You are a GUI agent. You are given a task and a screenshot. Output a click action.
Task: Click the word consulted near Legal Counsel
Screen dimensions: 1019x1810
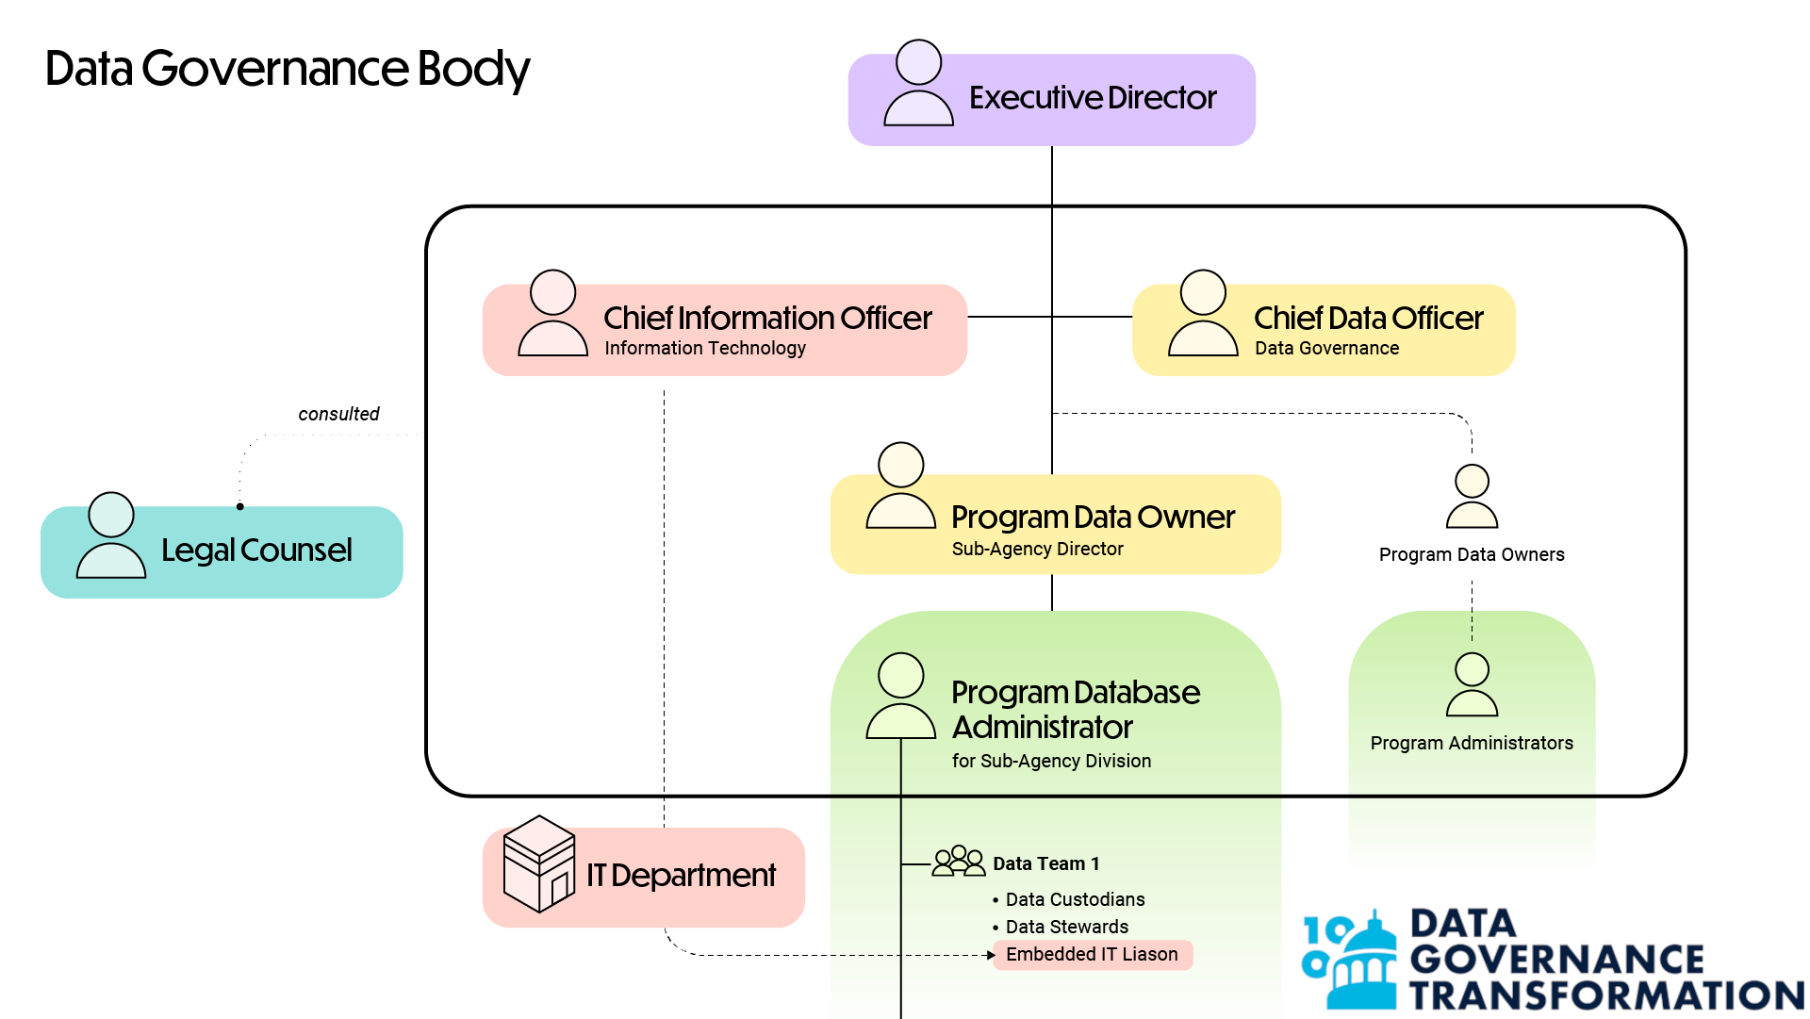[x=338, y=414]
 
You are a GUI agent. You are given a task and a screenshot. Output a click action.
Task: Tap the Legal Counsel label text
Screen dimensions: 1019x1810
[x=256, y=551]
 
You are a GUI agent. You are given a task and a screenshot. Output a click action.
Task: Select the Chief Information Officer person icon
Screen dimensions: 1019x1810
[x=552, y=314]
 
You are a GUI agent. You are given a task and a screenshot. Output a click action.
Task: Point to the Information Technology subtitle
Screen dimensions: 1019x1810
[x=705, y=349]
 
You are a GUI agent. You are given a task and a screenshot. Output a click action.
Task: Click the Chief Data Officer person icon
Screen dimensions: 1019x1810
[x=1202, y=314]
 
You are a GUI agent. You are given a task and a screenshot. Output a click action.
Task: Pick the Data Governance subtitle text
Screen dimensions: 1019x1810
[x=1326, y=349]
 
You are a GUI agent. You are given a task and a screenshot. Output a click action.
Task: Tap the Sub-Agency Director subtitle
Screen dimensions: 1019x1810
[x=1037, y=550]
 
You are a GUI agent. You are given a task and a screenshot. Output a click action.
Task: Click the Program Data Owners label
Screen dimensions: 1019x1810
[x=1471, y=555]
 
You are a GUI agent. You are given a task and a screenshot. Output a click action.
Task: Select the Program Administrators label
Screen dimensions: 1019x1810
[x=1471, y=744]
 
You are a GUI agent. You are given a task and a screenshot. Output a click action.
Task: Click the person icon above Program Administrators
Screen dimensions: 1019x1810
[x=1472, y=685]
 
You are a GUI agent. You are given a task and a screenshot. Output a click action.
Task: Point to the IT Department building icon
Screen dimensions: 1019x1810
[x=538, y=864]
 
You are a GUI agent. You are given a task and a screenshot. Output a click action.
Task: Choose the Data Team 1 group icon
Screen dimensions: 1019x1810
[x=958, y=862]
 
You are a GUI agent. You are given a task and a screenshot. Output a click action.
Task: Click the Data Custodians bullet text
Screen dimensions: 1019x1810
[x=1075, y=900]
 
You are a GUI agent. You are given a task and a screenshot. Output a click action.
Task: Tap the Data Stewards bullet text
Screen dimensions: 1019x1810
[x=1066, y=928]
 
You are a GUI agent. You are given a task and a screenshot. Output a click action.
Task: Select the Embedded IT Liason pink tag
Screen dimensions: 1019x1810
[x=1092, y=955]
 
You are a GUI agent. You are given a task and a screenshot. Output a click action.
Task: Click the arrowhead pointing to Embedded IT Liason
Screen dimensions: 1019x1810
[x=991, y=955]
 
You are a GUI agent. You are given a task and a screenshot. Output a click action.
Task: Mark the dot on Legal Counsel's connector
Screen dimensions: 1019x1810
[x=240, y=507]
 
